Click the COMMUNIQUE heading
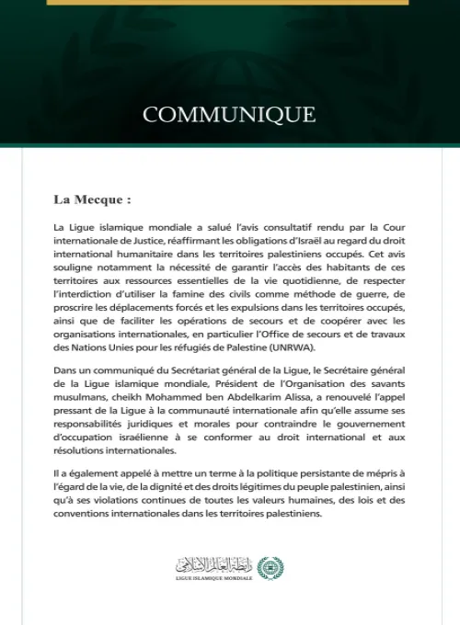point(229,115)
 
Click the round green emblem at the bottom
point(270,566)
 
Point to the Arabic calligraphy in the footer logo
point(214,563)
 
